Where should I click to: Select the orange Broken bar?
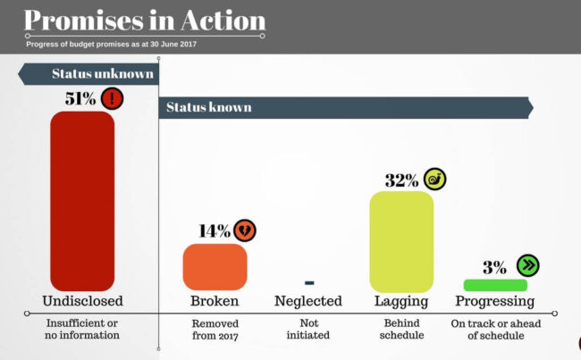215,266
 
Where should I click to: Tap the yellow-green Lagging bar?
401,241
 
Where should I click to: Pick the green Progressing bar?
494,285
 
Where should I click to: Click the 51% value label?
80,98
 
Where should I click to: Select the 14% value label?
214,231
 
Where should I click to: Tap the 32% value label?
401,180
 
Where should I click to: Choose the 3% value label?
494,266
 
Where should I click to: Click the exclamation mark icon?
113,98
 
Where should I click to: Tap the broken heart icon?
244,231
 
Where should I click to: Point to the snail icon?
434,179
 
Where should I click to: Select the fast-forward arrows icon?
527,265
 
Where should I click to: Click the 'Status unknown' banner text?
102,74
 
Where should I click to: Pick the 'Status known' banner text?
208,108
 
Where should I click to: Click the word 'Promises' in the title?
85,20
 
